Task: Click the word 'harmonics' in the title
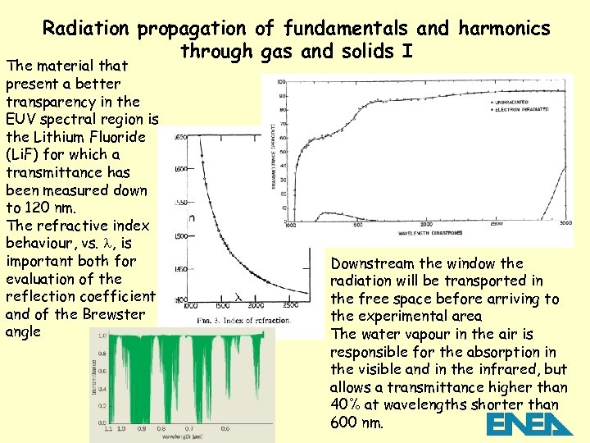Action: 505,29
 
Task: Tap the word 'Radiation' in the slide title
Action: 86,29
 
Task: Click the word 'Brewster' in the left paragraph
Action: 115,315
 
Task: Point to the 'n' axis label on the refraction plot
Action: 191,217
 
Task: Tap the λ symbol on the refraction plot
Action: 238,296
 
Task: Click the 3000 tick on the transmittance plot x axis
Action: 565,223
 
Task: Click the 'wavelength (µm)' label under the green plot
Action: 185,437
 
